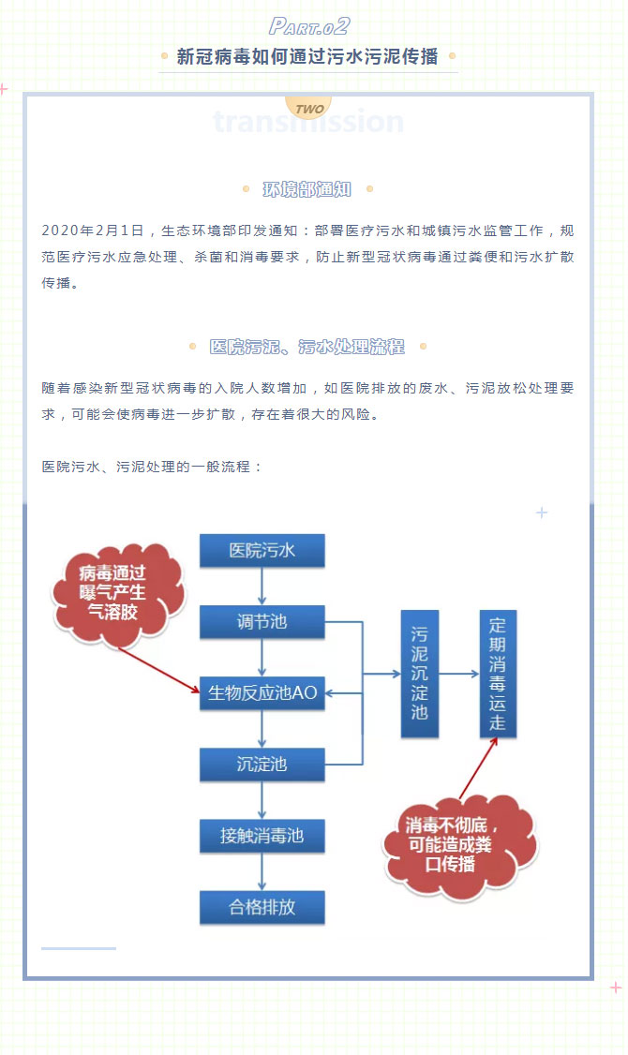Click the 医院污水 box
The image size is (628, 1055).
[262, 550]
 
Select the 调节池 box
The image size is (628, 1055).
[262, 622]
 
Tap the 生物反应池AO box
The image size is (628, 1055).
[262, 693]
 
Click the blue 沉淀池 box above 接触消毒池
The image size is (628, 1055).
[262, 765]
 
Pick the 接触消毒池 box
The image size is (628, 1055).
[262, 836]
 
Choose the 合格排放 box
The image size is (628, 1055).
[262, 907]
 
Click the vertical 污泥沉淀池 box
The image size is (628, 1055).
[419, 674]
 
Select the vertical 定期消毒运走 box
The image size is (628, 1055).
[498, 674]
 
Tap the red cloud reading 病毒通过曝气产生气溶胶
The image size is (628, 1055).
[118, 593]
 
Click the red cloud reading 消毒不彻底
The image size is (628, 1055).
[459, 844]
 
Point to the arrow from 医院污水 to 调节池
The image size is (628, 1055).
[262, 586]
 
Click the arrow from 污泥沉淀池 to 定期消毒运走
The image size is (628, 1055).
[459, 674]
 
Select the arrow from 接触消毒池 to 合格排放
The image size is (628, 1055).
[262, 871]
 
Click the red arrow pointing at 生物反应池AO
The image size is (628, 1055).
[158, 670]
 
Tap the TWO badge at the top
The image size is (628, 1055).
[309, 109]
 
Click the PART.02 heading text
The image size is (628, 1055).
[309, 26]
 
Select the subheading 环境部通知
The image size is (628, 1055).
[307, 190]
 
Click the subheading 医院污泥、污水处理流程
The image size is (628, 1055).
[307, 347]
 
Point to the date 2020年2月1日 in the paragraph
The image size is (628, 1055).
[93, 230]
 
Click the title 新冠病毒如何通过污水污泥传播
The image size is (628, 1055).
[307, 56]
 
